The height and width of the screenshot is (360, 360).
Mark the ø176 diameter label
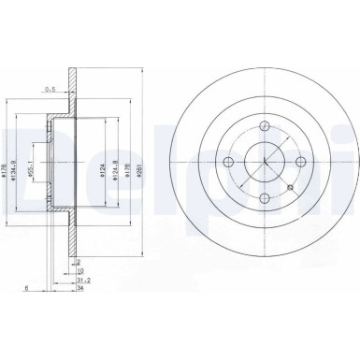tap(130, 168)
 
